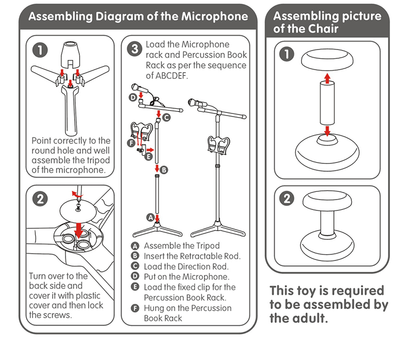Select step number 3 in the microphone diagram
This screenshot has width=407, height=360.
(x=134, y=50)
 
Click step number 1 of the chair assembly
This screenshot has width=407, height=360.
(x=286, y=54)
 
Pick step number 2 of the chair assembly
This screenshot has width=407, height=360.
(x=286, y=199)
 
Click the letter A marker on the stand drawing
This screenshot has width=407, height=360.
(x=150, y=218)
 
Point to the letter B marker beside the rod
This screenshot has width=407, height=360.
(x=164, y=169)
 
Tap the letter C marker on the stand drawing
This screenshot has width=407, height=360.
(x=166, y=118)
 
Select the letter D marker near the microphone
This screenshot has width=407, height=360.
(x=132, y=96)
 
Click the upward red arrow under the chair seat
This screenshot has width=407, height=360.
(x=326, y=77)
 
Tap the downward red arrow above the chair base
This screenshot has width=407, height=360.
(x=326, y=130)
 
